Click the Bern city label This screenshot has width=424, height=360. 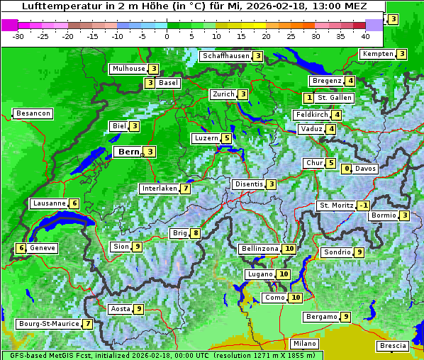[129, 152]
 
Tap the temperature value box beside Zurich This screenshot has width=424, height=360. [242, 94]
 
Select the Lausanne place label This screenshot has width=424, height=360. [50, 203]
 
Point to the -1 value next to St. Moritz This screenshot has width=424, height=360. [363, 206]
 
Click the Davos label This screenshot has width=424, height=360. [365, 169]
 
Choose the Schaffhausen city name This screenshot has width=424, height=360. [225, 56]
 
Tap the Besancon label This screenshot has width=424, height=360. [33, 113]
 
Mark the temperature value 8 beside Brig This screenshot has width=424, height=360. [195, 233]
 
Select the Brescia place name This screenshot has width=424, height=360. [393, 346]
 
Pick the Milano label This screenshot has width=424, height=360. [306, 343]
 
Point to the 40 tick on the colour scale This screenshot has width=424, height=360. [365, 35]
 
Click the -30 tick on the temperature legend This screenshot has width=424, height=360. [18, 35]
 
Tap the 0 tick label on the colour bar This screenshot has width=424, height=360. [167, 35]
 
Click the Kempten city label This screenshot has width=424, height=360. [376, 54]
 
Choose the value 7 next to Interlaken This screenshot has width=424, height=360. [185, 189]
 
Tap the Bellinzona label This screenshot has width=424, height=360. [260, 249]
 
